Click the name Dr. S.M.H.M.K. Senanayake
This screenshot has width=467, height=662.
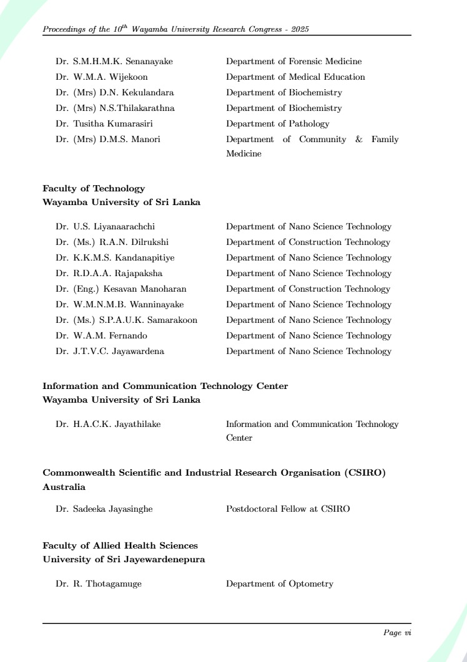(x=114, y=62)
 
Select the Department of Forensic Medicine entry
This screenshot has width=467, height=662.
(x=293, y=62)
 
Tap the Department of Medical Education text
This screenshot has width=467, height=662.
(x=295, y=77)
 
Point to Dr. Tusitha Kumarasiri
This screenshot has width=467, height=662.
(x=104, y=124)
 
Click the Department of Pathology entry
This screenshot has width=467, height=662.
(x=277, y=124)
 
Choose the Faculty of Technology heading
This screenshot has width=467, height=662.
(x=94, y=188)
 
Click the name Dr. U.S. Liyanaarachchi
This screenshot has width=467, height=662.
(x=106, y=227)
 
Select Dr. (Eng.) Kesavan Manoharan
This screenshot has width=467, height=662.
(x=121, y=289)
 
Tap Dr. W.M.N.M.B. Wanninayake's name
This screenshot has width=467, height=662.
(x=120, y=305)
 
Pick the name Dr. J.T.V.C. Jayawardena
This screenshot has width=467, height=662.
(x=110, y=352)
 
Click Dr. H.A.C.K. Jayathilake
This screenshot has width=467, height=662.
(x=108, y=425)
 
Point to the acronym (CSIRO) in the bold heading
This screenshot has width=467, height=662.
(x=365, y=473)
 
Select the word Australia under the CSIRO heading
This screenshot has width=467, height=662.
(x=64, y=487)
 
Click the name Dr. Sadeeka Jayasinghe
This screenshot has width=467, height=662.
(x=104, y=509)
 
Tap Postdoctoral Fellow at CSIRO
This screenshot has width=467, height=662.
(x=288, y=509)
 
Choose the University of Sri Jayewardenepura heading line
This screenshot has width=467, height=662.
(x=124, y=559)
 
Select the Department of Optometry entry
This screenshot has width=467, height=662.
(x=279, y=584)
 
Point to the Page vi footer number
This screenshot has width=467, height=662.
(x=397, y=633)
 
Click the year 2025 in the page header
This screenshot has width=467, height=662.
(x=300, y=29)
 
